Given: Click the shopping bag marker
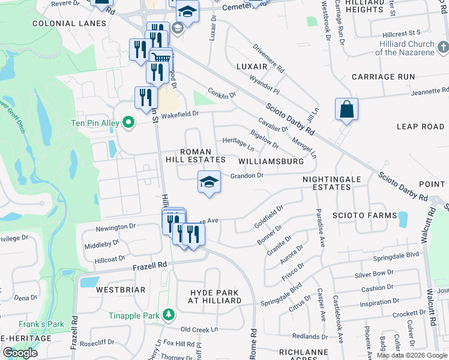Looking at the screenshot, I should [x=346, y=110].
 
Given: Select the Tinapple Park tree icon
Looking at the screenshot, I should [x=169, y=314].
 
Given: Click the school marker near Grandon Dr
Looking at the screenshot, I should [x=208, y=182].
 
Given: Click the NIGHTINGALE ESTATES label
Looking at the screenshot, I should [x=326, y=183].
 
